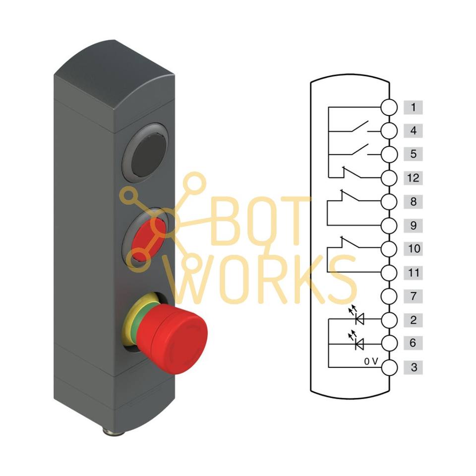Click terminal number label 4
[413, 131]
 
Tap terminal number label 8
[413, 202]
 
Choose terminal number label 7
[413, 297]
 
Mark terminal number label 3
[413, 368]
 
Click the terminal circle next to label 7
[390, 297]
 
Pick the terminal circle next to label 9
[390, 226]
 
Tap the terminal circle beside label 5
[390, 154]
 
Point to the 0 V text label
[371, 362]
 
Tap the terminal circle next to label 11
[390, 272]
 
